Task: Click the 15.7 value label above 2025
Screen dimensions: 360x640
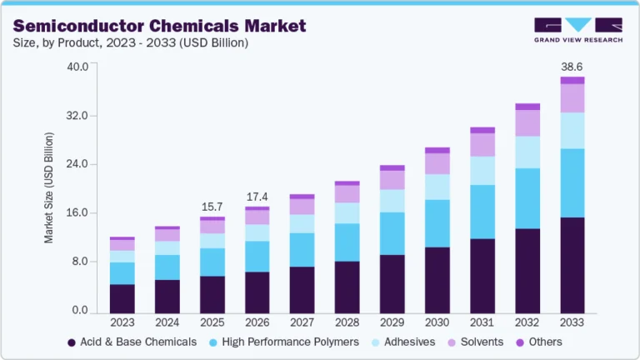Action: point(212,206)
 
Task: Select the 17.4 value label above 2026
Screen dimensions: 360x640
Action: point(257,197)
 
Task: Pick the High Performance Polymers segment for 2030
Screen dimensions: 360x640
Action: point(437,223)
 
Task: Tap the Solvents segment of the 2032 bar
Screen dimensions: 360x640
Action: point(527,123)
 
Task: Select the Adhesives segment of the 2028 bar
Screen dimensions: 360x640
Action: point(347,212)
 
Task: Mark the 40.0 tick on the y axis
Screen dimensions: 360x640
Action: point(77,67)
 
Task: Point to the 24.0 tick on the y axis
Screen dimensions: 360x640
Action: point(77,164)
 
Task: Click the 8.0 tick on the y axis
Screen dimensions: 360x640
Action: point(81,262)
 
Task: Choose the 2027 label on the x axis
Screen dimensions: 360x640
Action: point(302,322)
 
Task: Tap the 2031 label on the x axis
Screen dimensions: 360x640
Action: point(482,322)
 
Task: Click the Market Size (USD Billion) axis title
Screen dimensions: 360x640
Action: point(49,188)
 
